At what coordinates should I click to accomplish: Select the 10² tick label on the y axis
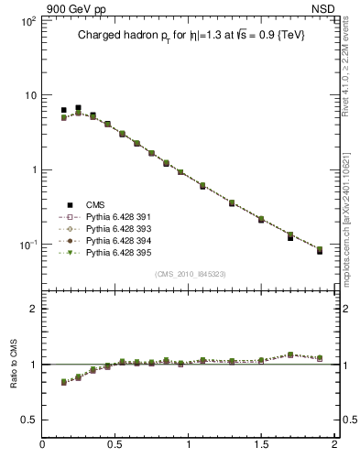tap(27, 19)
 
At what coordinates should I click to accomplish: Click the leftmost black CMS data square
tap(63, 110)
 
